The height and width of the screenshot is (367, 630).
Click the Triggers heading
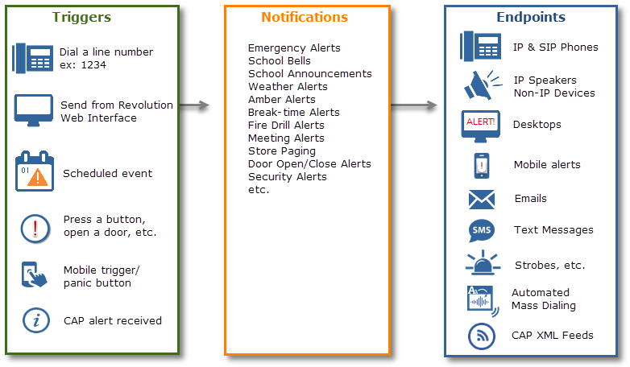(x=81, y=17)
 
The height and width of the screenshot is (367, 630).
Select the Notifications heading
(x=305, y=17)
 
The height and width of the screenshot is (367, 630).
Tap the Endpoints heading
(x=530, y=17)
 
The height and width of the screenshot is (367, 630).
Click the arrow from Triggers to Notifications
(x=195, y=107)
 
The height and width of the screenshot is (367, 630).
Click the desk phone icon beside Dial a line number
(x=32, y=58)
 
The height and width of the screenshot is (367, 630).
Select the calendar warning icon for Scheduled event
(x=34, y=172)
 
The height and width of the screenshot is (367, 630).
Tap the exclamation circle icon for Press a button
(x=34, y=228)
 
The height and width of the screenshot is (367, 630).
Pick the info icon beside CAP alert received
(x=34, y=320)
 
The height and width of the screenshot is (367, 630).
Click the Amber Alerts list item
(x=281, y=100)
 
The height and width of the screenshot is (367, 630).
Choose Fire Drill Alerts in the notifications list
(x=286, y=126)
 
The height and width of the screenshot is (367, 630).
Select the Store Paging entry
(x=281, y=151)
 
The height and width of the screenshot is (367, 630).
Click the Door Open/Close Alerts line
(x=309, y=164)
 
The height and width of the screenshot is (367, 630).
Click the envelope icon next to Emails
(x=481, y=199)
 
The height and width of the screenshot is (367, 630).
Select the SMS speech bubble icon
(x=481, y=231)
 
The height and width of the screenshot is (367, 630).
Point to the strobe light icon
(x=482, y=263)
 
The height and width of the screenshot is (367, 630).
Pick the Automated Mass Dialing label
(x=543, y=299)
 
